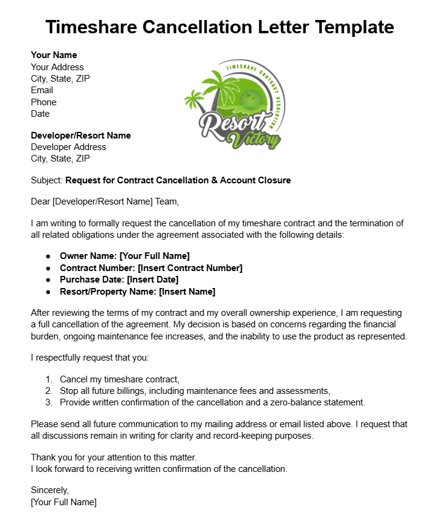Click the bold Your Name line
(x=54, y=55)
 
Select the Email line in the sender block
(x=42, y=90)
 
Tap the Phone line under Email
(x=44, y=102)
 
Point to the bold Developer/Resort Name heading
(x=80, y=136)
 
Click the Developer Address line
(x=68, y=147)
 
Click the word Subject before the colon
(x=46, y=180)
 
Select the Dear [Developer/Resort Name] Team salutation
(x=105, y=201)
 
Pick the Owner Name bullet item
(x=124, y=256)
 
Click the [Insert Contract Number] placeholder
(x=190, y=268)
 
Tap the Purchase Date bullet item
(x=119, y=280)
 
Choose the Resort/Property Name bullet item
(x=137, y=292)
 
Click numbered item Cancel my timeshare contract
(x=119, y=379)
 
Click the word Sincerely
(x=50, y=490)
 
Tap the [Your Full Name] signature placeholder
(x=63, y=502)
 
